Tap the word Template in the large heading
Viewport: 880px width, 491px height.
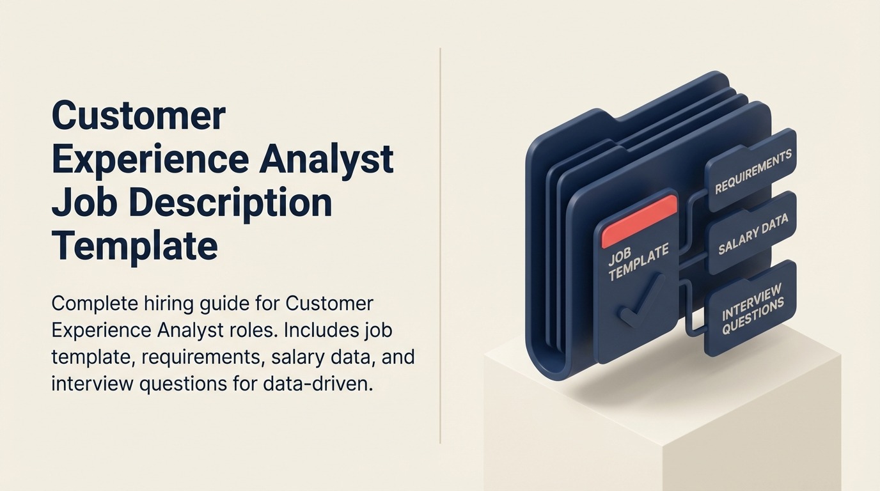click(x=134, y=245)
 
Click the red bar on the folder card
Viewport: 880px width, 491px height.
click(x=639, y=221)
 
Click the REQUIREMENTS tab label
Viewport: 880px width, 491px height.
click(x=753, y=172)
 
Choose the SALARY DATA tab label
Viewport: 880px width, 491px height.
click(x=753, y=235)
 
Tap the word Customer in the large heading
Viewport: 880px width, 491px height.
click(x=139, y=116)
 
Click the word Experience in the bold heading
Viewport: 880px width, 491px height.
click(x=151, y=159)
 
